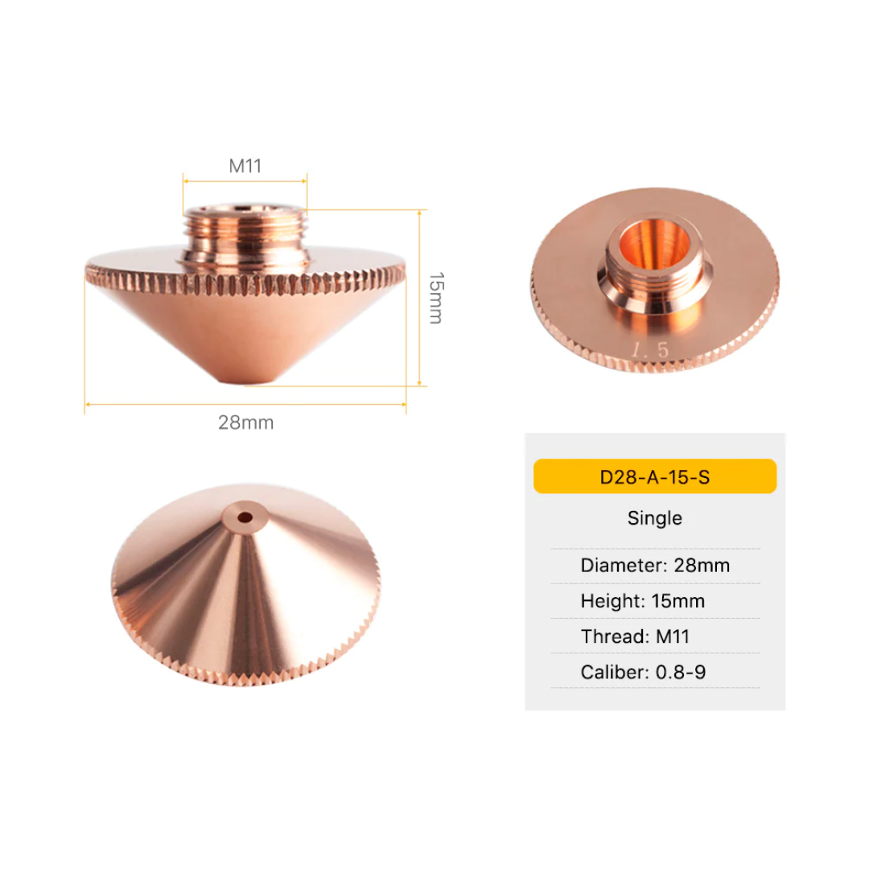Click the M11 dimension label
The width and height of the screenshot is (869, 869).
coord(245,167)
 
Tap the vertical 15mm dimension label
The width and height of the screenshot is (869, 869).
coord(435,298)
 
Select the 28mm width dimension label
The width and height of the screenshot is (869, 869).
coord(245,422)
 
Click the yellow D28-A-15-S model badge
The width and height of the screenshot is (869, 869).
coord(655,476)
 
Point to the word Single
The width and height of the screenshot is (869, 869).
coord(655,518)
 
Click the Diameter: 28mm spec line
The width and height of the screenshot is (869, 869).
coord(655,565)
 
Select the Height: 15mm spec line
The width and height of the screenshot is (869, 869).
coord(642,601)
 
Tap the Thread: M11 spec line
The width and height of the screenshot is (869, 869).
coord(635,637)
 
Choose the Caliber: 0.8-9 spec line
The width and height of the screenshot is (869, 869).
coord(643,672)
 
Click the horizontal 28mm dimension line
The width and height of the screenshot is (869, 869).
coord(245,405)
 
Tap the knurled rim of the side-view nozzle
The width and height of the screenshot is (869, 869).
coord(245,282)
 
